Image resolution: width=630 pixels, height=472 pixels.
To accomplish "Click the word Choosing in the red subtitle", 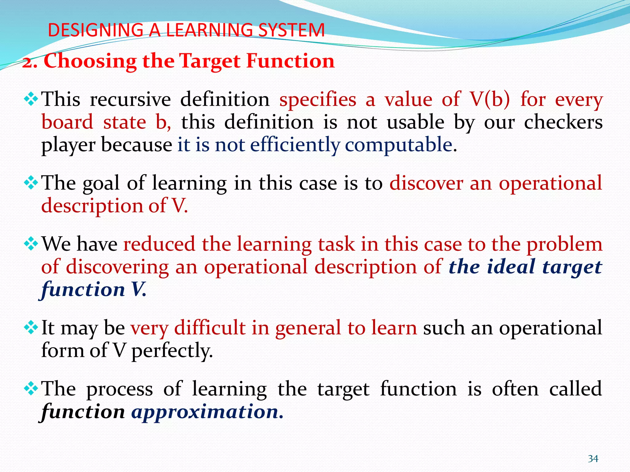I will pos(90,61).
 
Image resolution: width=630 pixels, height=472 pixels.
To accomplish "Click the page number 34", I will pos(593,459).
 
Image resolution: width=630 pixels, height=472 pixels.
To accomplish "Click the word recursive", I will pos(130,100).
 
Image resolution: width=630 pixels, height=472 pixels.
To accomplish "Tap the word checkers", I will pos(563,122).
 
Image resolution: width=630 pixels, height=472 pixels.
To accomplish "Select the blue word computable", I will pos(398,145).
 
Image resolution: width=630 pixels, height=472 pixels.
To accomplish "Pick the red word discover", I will pos(426,183).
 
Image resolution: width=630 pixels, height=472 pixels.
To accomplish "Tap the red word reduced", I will pos(159,244).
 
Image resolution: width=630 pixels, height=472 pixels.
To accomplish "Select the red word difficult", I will pos(209,328).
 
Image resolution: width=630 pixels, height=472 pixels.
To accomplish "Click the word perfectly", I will pos(172,351).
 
